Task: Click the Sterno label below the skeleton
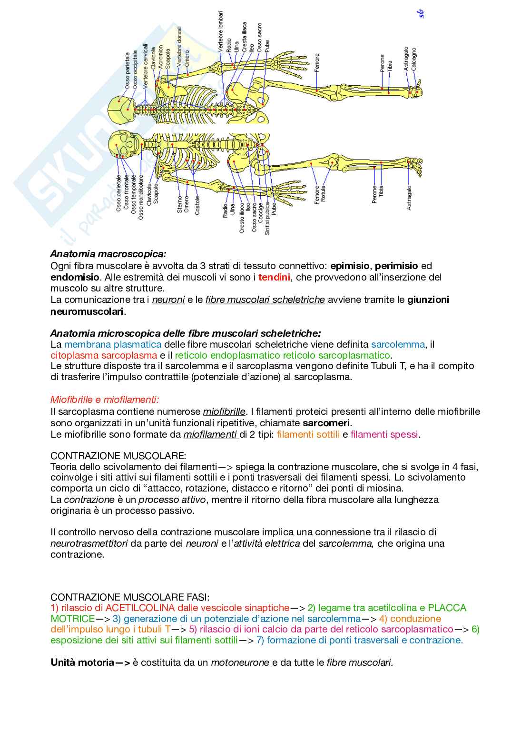(180, 204)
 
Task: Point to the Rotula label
(324, 194)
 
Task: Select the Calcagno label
(414, 59)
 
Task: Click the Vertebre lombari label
(220, 31)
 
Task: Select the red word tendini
(274, 277)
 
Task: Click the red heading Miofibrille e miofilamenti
(105, 400)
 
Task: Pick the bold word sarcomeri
(326, 423)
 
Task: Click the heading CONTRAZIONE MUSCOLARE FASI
(130, 597)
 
